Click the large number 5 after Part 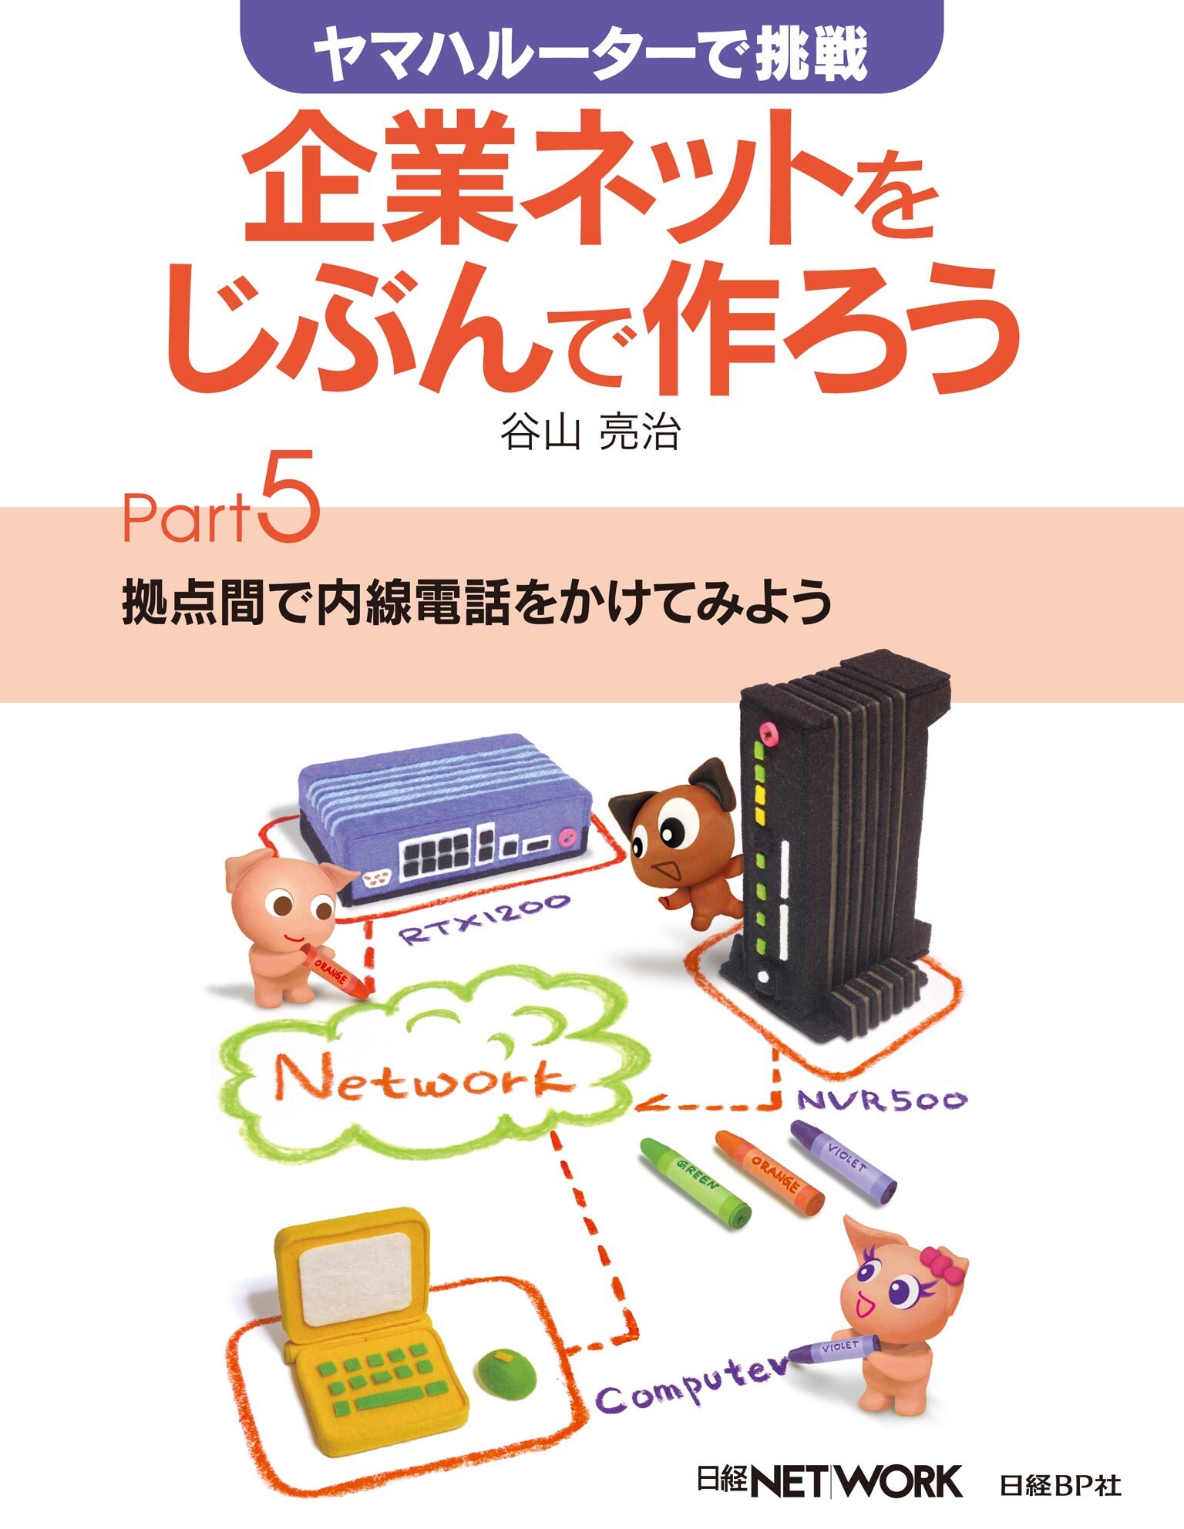pyautogui.click(x=291, y=497)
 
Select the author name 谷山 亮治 pyautogui.click(x=590, y=432)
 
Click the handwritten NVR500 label pyautogui.click(x=881, y=1098)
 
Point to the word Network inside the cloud pyautogui.click(x=424, y=1079)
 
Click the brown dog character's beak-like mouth pyautogui.click(x=665, y=869)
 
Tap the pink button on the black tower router pyautogui.click(x=767, y=728)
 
